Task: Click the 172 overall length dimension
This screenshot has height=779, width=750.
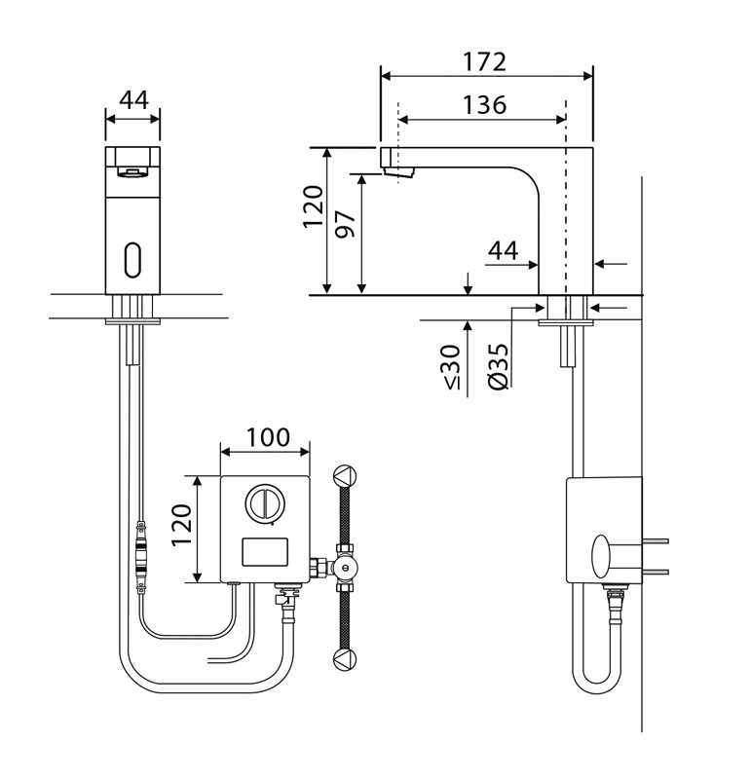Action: [486, 60]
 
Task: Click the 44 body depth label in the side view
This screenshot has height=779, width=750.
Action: [503, 250]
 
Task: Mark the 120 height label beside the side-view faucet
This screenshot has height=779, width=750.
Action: [312, 206]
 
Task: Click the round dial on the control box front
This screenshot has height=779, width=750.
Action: [265, 503]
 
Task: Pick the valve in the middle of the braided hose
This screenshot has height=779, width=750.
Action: [344, 568]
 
